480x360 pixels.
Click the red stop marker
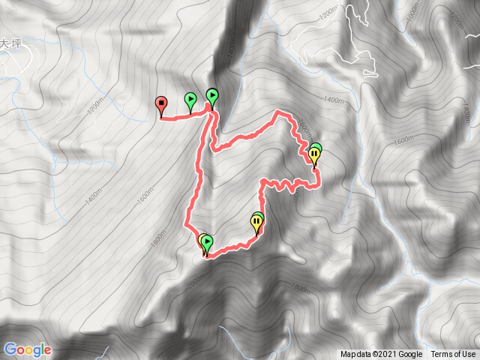pyautogui.click(x=160, y=103)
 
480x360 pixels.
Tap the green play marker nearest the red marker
pyautogui.click(x=190, y=98)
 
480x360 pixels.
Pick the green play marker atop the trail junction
pyautogui.click(x=212, y=94)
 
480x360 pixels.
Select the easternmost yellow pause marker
pyautogui.click(x=314, y=154)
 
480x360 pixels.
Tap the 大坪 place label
pyautogui.click(x=8, y=45)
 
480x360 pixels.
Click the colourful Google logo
pyautogui.click(x=27, y=349)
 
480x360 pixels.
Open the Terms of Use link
pyautogui.click(x=453, y=355)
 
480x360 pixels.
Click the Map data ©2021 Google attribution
pyautogui.click(x=381, y=355)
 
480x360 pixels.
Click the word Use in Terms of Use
pyautogui.click(x=467, y=355)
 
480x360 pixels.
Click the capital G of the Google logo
pyautogui.click(x=10, y=349)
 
